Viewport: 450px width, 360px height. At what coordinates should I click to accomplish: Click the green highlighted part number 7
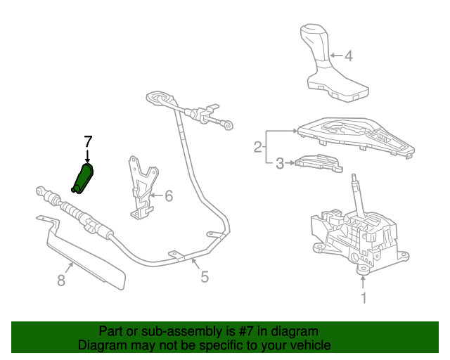point(83,179)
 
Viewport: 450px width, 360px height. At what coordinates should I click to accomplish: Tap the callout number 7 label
point(88,141)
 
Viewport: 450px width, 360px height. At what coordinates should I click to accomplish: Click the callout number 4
point(349,56)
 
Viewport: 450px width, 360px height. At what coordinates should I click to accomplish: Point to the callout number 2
point(257,147)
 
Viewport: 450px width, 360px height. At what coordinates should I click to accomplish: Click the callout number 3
point(280,164)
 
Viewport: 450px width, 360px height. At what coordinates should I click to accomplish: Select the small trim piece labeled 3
point(318,162)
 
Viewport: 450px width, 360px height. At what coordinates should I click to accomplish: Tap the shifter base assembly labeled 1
point(355,239)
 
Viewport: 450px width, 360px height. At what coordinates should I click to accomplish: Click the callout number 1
point(364,298)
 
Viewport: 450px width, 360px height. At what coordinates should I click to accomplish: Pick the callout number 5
point(205,277)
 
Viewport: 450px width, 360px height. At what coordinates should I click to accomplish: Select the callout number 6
point(168,196)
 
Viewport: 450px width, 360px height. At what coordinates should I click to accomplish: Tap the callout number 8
point(60,281)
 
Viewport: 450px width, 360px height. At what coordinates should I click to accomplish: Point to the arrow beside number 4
point(335,56)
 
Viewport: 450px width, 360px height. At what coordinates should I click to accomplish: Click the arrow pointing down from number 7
point(88,155)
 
